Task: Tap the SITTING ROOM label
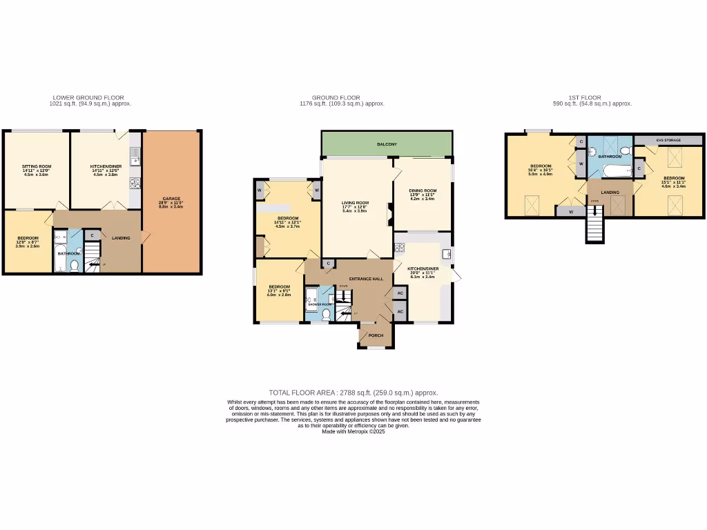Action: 37,166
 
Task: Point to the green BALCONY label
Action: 387,144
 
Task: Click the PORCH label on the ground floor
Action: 376,335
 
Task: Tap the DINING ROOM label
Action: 423,190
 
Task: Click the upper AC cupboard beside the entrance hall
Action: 400,293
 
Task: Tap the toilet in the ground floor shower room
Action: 327,316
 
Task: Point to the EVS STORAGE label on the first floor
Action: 669,140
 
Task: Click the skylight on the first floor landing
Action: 618,205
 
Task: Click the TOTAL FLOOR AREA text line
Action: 353,392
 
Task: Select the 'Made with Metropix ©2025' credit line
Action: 353,431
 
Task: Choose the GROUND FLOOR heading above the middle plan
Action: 336,98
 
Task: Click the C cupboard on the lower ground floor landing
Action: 93,235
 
